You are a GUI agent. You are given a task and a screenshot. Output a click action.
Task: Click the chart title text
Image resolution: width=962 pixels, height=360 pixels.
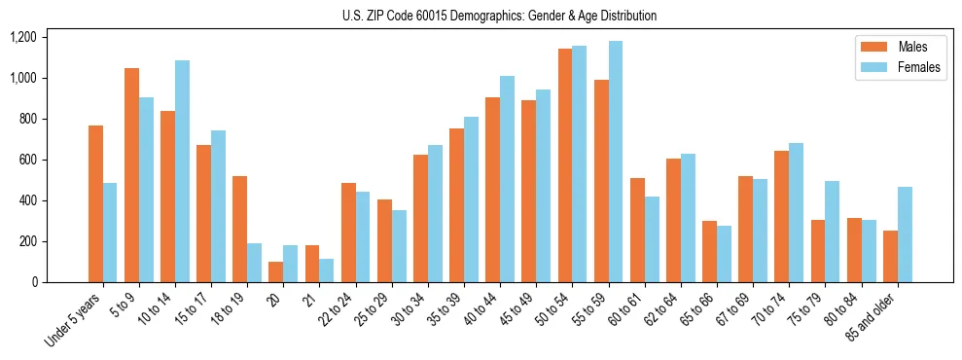click(x=499, y=16)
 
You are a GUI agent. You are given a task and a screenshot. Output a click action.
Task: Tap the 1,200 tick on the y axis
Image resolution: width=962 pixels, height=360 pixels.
click(x=22, y=37)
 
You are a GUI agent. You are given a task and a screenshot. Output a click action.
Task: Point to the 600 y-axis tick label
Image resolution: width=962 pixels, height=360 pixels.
click(x=27, y=160)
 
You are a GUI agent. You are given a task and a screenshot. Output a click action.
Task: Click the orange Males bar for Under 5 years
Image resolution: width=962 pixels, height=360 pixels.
click(x=95, y=203)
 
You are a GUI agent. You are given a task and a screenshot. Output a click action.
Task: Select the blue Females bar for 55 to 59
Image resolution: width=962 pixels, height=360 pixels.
click(x=616, y=162)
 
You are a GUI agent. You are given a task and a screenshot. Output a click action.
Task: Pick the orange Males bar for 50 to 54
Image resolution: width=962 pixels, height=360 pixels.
click(x=565, y=165)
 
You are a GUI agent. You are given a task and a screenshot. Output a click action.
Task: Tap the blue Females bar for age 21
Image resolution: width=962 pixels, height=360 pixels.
click(x=327, y=270)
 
